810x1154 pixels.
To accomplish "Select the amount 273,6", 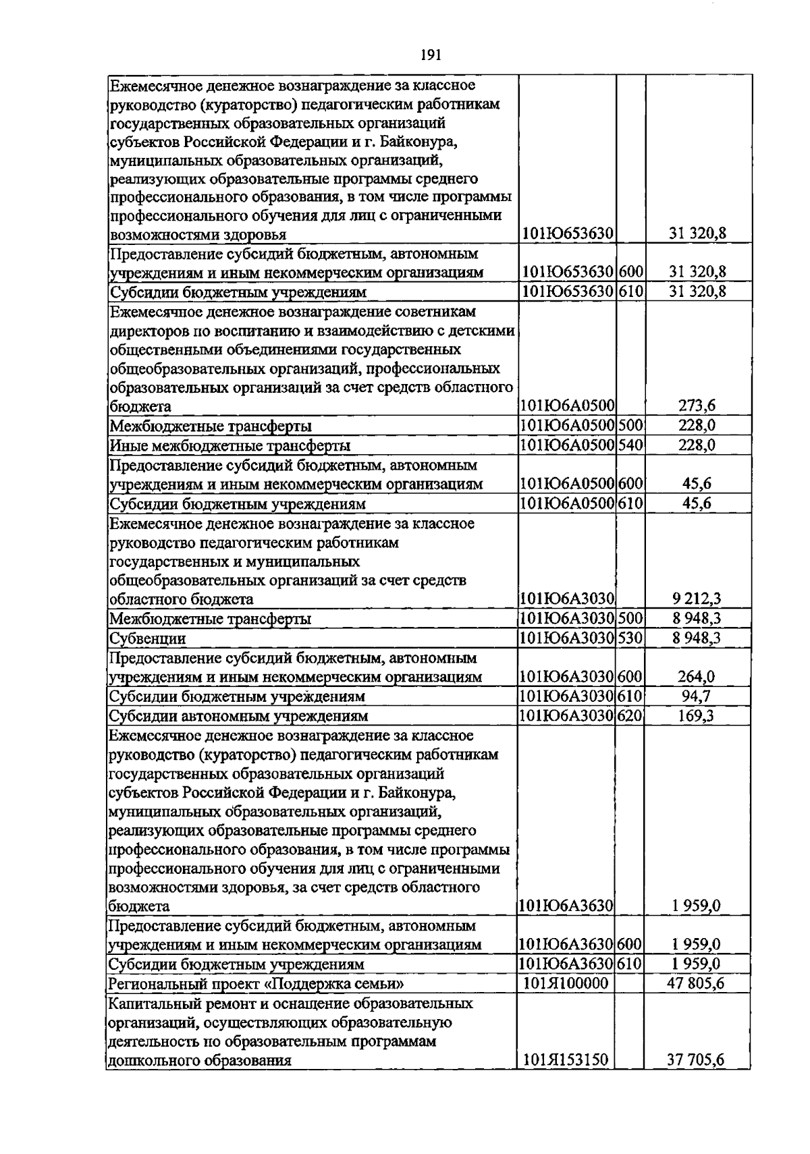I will click(697, 406).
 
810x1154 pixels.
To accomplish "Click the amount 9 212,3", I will click(697, 599).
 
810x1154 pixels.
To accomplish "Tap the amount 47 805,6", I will click(695, 983).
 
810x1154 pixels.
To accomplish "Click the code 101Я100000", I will click(566, 983).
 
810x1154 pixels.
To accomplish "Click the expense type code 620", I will click(630, 715).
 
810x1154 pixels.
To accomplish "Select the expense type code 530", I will click(630, 638).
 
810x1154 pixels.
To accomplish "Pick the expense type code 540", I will click(630, 445).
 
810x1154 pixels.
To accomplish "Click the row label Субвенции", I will click(147, 638).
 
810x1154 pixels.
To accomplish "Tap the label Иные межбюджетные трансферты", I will click(230, 446).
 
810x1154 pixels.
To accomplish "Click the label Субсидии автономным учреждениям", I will click(238, 716).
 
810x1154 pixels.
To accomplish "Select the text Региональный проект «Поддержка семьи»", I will click(256, 984).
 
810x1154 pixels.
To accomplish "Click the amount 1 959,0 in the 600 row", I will click(695, 945).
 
